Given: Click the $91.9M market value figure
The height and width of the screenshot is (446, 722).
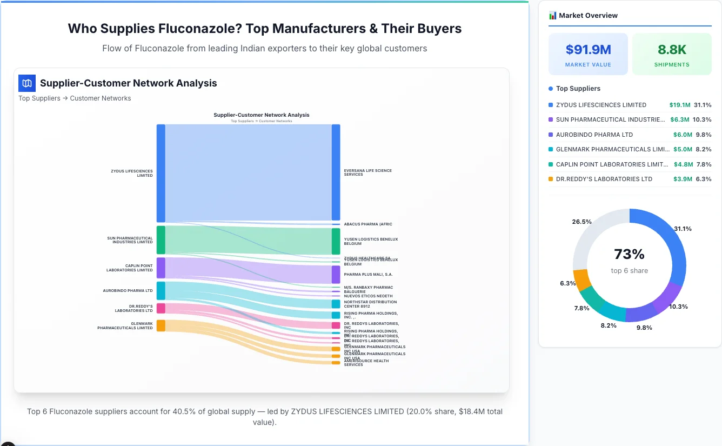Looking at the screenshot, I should (588, 50).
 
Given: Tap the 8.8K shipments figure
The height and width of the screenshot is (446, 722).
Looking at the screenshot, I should (672, 50).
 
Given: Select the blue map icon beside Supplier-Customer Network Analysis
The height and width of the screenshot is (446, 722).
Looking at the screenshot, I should (27, 83).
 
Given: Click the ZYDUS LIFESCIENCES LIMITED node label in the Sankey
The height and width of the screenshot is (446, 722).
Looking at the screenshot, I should (132, 173).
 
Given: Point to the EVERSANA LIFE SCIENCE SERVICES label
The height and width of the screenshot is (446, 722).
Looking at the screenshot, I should (367, 172).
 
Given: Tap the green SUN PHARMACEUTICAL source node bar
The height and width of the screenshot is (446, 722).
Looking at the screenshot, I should (161, 239).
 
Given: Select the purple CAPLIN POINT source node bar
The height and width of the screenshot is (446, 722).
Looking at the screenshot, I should (161, 268).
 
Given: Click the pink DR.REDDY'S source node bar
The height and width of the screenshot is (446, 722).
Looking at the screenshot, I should (161, 308).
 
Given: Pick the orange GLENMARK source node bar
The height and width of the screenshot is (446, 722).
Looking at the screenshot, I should (161, 325).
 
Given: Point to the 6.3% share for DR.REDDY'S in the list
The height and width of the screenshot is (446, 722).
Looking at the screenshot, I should (704, 179).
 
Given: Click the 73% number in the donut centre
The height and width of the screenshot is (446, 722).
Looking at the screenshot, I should (629, 254).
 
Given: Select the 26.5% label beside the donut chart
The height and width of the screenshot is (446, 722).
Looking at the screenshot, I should (581, 222).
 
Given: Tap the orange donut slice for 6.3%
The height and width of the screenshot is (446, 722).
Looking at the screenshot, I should (583, 279).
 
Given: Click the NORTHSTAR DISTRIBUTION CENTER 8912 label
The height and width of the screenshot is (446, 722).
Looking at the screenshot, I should (370, 304).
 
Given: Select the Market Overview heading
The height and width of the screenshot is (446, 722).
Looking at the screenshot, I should (587, 16).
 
